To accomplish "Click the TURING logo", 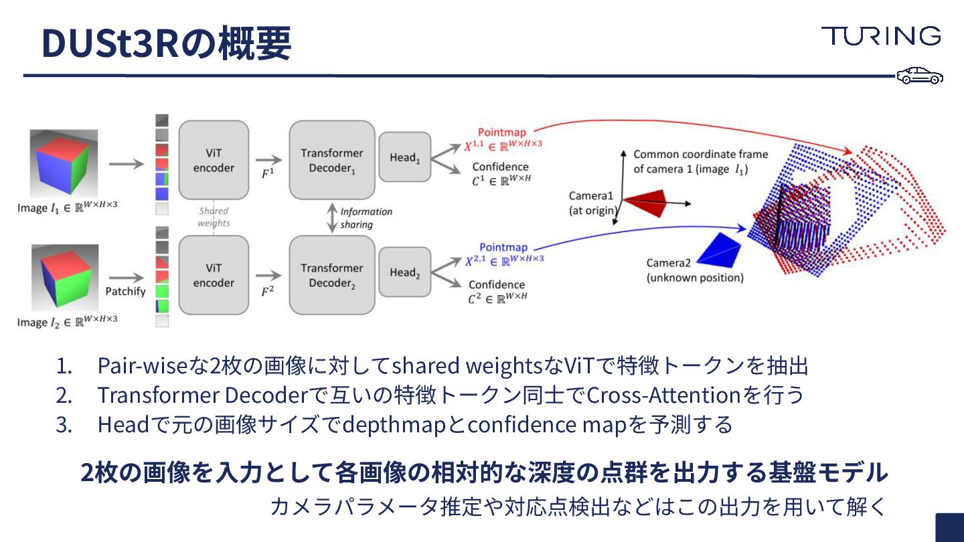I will click(881, 36).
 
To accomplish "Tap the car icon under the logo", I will click(920, 76).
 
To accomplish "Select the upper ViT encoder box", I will click(214, 161).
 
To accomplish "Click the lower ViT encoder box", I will click(214, 275).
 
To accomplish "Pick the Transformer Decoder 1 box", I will click(331, 161).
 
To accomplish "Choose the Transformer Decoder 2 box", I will click(331, 275).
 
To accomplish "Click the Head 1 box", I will click(404, 157).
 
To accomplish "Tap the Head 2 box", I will click(404, 272).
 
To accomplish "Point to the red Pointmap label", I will click(502, 132).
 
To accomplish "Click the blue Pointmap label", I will click(503, 248).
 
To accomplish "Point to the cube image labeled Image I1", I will click(64, 163).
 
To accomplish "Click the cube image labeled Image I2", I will click(64, 278).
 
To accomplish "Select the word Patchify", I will click(125, 291).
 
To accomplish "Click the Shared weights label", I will click(214, 217).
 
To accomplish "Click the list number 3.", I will click(64, 425).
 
